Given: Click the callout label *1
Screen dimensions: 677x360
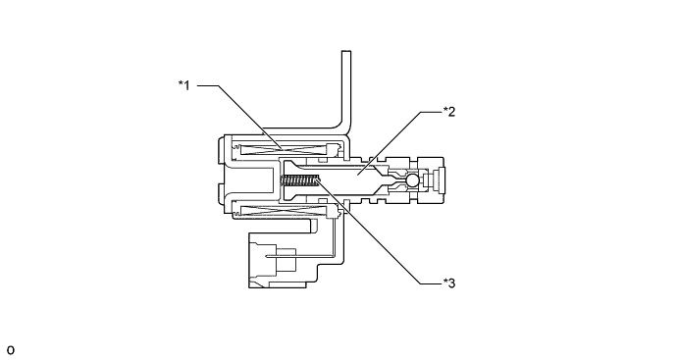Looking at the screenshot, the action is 184,85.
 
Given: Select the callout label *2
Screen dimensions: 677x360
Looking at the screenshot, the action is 449,112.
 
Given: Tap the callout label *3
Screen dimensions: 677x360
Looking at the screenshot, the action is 449,283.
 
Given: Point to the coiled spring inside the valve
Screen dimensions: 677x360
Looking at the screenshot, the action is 300,180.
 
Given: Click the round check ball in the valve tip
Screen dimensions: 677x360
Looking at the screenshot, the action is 412,180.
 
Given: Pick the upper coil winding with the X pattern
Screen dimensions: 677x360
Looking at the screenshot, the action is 284,150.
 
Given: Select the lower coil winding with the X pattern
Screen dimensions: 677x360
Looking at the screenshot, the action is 284,211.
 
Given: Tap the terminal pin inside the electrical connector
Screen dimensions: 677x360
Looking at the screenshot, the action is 281,256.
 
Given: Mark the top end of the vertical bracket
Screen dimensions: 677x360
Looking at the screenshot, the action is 346,52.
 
